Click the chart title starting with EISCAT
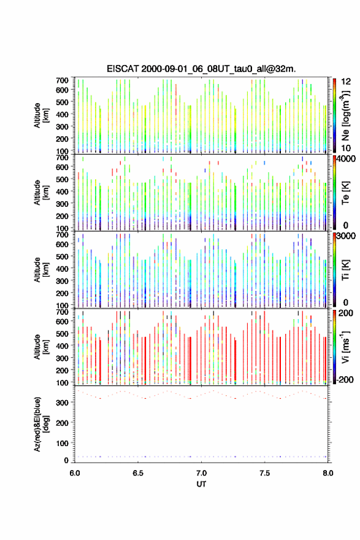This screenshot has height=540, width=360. [x=201, y=69]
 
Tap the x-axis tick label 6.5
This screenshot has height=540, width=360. [x=138, y=473]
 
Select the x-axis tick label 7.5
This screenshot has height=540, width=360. [x=265, y=473]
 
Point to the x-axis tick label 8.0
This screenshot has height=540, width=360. [x=328, y=473]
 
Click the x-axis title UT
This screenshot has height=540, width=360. [x=201, y=484]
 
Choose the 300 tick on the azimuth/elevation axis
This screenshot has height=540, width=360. [x=63, y=403]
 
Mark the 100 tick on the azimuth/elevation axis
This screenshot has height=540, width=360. [x=63, y=443]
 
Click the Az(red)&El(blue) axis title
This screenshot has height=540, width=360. [x=41, y=424]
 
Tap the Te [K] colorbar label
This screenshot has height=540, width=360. [x=345, y=193]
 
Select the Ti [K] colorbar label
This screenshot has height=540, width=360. [x=345, y=269]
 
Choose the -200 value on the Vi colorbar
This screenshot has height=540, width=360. [x=345, y=379]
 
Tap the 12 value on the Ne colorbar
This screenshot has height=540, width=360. [x=346, y=82]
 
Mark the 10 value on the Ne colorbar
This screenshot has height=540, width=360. [x=346, y=148]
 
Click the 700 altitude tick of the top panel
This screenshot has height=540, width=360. [x=63, y=80]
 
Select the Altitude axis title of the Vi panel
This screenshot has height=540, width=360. [x=41, y=347]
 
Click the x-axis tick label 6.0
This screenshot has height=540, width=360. [x=75, y=473]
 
